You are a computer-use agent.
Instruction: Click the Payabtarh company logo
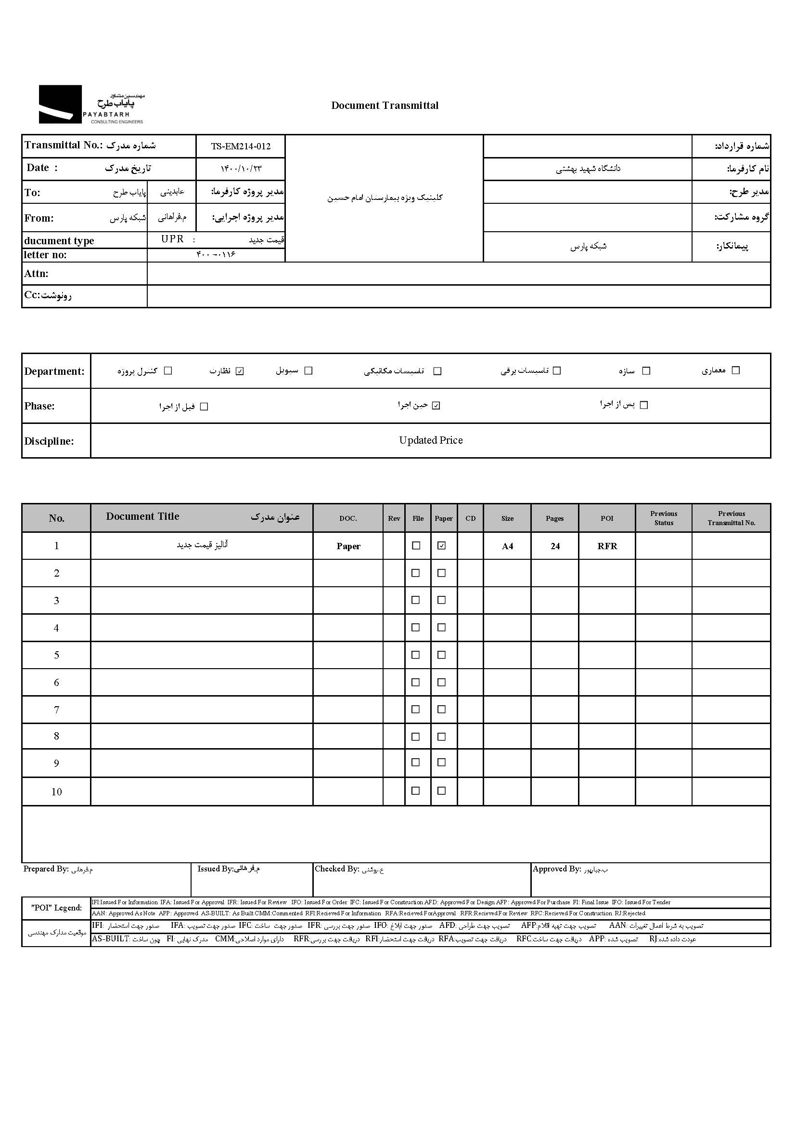click(x=91, y=105)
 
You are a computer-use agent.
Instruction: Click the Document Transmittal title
click(x=385, y=106)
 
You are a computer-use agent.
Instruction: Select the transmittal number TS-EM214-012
click(x=241, y=146)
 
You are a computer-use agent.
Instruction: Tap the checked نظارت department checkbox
click(x=240, y=371)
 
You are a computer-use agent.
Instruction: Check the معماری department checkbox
click(x=735, y=370)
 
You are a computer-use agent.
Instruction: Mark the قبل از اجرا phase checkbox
click(x=205, y=407)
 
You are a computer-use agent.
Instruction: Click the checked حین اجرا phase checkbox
click(x=437, y=406)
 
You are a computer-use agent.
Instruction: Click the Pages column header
click(x=554, y=518)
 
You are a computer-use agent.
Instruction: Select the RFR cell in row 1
click(x=607, y=546)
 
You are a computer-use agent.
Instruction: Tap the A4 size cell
click(x=507, y=546)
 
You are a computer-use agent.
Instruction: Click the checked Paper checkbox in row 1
click(x=442, y=545)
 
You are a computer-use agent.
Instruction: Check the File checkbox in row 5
click(x=416, y=655)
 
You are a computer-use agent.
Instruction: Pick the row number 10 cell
click(x=56, y=792)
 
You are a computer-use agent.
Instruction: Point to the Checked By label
click(x=337, y=869)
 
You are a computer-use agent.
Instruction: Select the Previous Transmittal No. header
click(x=731, y=518)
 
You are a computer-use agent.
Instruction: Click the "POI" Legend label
click(x=56, y=908)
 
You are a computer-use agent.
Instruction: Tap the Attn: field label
click(x=36, y=274)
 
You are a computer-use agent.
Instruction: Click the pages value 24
click(x=555, y=546)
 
